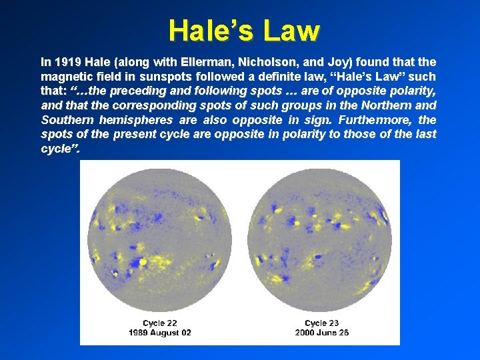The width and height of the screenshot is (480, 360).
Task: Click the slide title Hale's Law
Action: (x=244, y=30)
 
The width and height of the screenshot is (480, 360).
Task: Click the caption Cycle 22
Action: (x=159, y=323)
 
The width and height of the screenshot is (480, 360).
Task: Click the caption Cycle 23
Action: (x=321, y=323)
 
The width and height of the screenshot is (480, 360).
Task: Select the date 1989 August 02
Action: (x=159, y=333)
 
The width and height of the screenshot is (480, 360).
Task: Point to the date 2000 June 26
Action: (x=321, y=333)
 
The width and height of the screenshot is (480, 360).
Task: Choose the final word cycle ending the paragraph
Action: (x=59, y=149)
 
